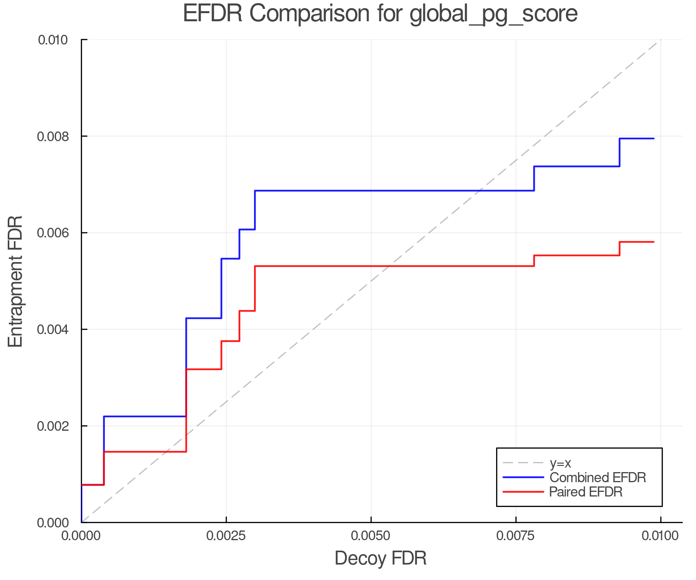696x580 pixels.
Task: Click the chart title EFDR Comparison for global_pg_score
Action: pos(380,14)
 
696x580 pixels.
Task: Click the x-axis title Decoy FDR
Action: pos(380,558)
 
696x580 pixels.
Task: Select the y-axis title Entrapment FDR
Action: pos(15,281)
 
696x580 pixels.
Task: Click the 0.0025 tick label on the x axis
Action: pos(226,536)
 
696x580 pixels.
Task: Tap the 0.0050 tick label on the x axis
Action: pos(371,536)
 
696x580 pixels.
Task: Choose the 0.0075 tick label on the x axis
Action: pos(516,536)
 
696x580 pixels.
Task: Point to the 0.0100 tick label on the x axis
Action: pos(660,536)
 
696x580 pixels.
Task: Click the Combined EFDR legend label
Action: pos(597,478)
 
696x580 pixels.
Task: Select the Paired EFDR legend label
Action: pos(585,492)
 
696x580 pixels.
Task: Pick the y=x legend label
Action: pos(560,463)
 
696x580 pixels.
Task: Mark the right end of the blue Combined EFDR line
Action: pos(654,138)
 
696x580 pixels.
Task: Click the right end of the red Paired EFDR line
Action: pos(654,242)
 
